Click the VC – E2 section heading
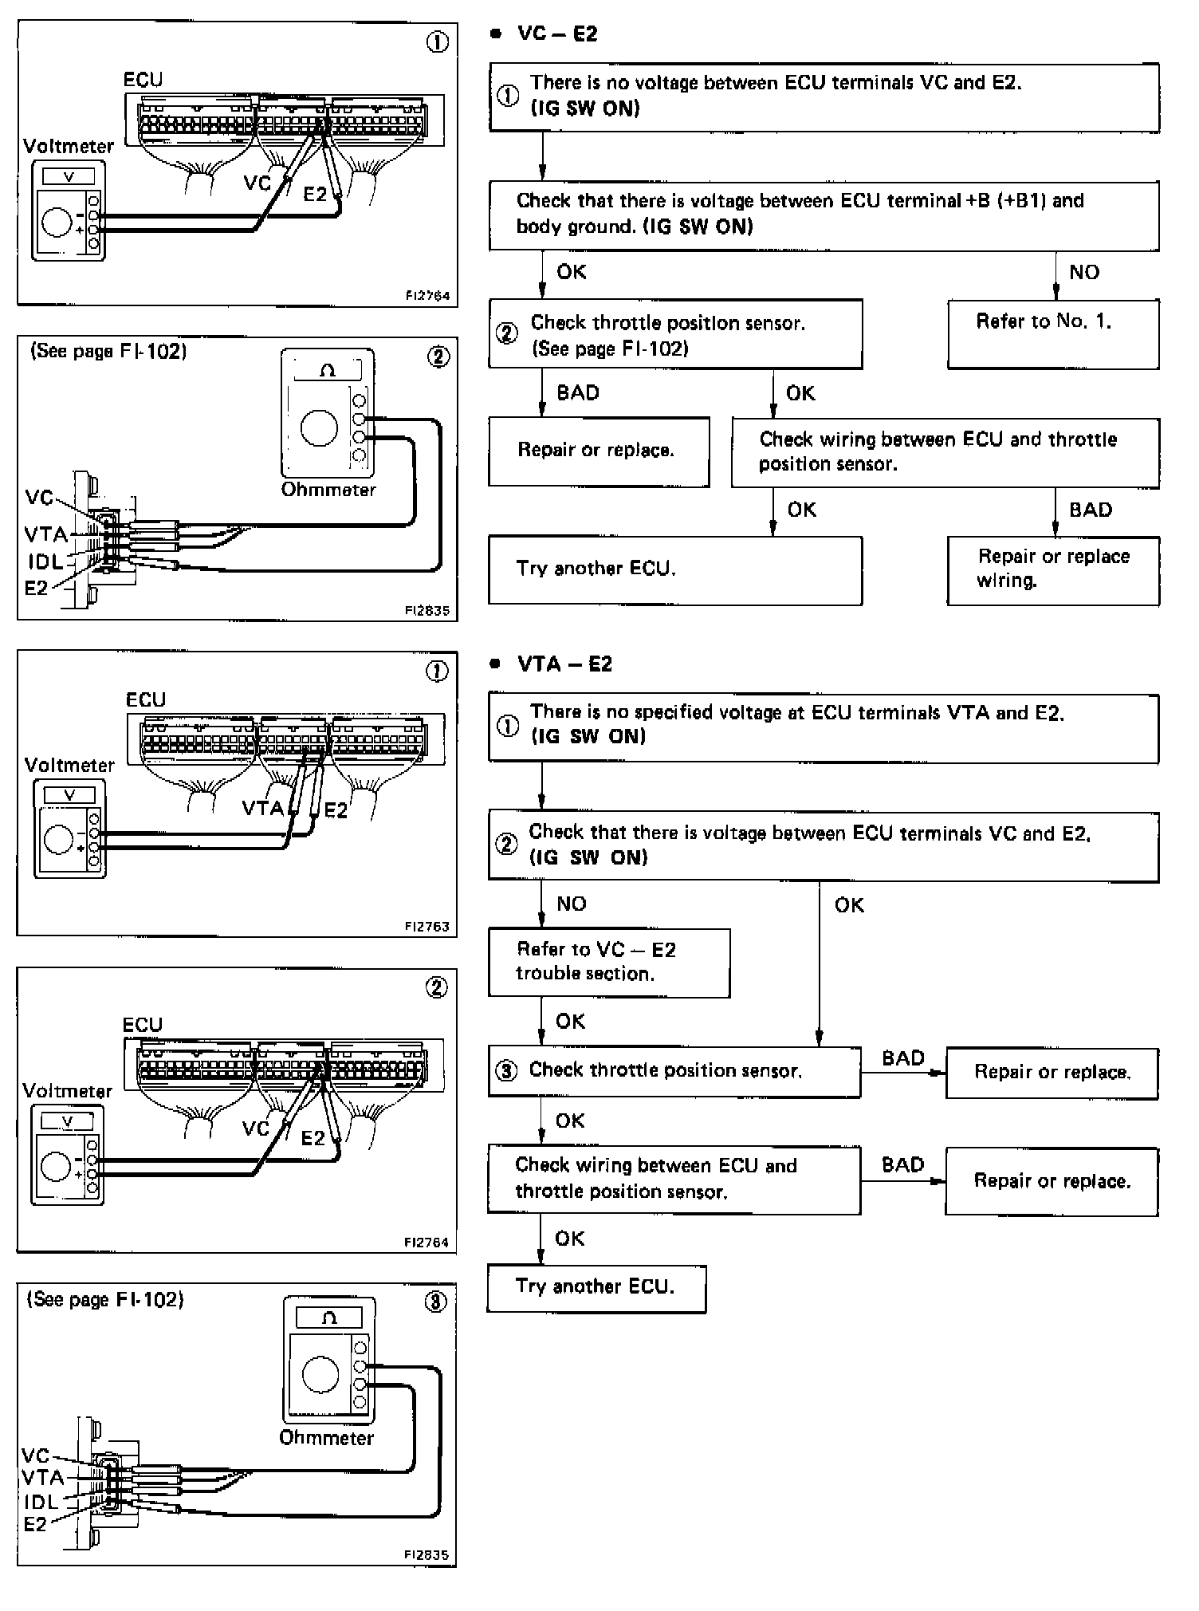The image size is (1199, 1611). pos(557,34)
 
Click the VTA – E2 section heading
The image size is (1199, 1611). pos(564,664)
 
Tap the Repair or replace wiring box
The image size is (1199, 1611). pos(1052,569)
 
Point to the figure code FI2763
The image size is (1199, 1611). pos(427,927)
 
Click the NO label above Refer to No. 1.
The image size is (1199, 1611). pos(1084,272)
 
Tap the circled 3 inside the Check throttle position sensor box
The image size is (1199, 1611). pos(506,1070)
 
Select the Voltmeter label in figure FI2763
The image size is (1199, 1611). pos(69,766)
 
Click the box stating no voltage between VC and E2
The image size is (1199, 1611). pos(823,97)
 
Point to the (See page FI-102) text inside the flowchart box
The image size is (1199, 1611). pos(610,349)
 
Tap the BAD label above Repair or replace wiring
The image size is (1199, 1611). pos(1090,510)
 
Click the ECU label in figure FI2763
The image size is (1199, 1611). pos(146,700)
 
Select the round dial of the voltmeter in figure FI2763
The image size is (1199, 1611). pos(59,840)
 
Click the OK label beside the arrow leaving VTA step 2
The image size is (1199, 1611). pos(849,905)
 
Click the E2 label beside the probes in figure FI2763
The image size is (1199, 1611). pos(336,810)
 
